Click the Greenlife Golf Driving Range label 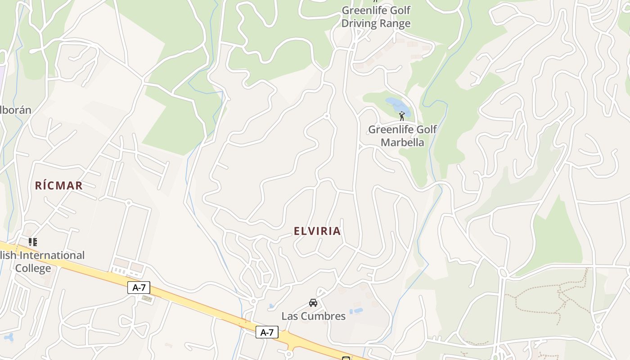point(376,17)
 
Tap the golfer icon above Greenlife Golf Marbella point(402,116)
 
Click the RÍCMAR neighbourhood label point(59,185)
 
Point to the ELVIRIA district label point(317,231)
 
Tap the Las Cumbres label point(313,316)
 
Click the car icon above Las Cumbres point(313,302)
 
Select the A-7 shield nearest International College point(139,288)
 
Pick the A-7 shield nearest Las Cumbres point(267,333)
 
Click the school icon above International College point(32,242)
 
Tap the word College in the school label point(33,269)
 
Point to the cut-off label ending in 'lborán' point(16,110)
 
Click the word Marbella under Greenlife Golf point(402,142)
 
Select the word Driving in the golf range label point(358,23)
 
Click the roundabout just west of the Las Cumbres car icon point(253,301)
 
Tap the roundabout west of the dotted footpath point(503,273)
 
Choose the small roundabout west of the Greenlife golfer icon point(327,116)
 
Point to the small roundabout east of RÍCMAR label point(128,203)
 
